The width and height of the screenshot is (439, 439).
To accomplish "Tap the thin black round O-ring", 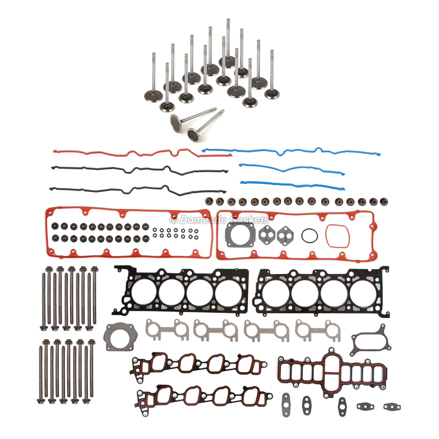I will [309, 235].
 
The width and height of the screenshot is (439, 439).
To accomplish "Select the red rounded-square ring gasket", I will [337, 236].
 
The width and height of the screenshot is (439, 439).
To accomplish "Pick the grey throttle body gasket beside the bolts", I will [120, 337].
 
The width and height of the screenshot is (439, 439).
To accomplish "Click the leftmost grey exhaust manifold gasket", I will [167, 329].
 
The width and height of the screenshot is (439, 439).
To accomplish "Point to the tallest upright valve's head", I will [227, 61].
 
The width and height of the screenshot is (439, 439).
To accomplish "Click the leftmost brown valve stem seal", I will [209, 201].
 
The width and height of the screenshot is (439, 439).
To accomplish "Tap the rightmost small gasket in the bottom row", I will [392, 406].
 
